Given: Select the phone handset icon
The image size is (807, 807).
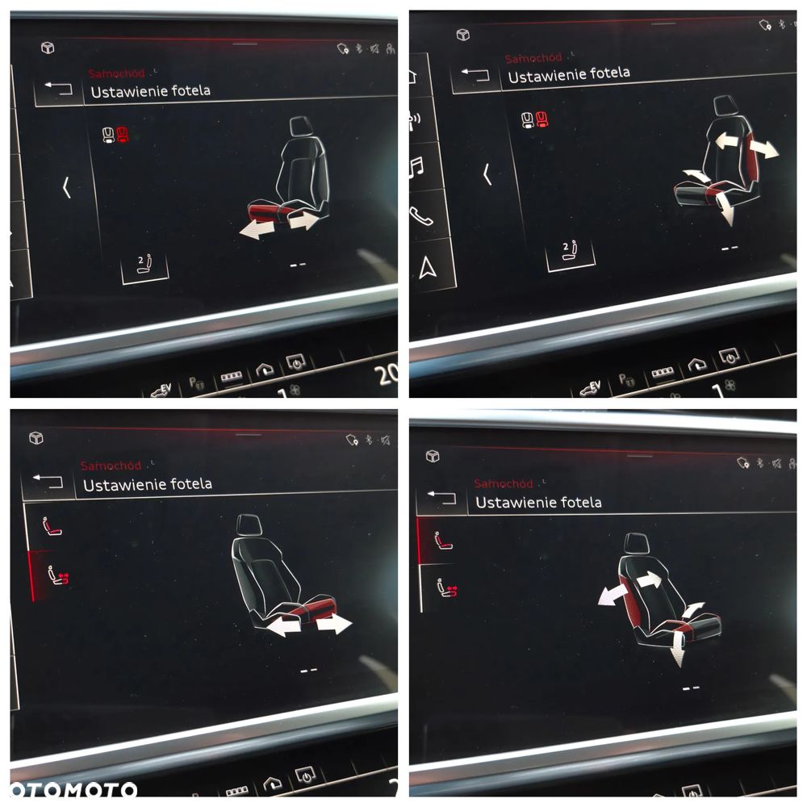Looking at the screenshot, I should coord(420,215).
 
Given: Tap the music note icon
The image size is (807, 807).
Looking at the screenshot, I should coord(417,167).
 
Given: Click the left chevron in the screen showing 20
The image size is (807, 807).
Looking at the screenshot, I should coord(66,188).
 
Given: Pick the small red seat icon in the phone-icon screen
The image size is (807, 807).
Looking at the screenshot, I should coord(541,120).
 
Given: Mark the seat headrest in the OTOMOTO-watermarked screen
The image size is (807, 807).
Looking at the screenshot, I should coord(249,525).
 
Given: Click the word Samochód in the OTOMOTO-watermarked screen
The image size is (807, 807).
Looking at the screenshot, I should coord(111,466).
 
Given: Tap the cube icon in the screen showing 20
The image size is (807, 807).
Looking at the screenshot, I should coord(48,48).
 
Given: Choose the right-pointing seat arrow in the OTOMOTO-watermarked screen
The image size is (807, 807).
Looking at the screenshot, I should coord(334,623).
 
